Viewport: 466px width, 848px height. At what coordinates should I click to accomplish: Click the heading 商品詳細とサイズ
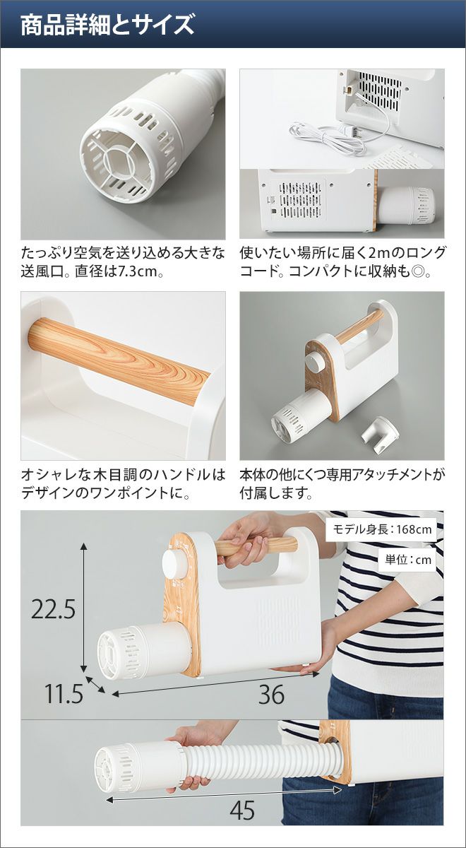click(107, 25)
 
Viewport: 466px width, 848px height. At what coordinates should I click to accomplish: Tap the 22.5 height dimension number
click(54, 609)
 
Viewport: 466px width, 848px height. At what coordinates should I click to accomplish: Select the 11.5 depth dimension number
click(64, 693)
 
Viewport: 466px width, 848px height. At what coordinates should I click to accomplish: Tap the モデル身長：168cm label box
click(382, 529)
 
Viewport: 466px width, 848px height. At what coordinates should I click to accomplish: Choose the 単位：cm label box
click(408, 560)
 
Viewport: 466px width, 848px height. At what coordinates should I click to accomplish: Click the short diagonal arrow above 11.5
click(96, 684)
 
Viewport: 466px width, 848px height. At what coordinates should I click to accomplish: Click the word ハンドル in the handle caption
click(180, 475)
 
